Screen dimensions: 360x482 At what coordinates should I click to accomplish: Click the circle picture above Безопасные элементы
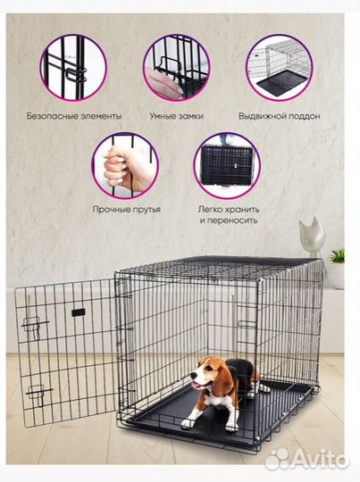tap(74, 68)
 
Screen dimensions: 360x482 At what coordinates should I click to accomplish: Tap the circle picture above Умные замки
tap(177, 68)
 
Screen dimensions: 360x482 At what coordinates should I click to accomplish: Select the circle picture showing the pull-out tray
tap(280, 68)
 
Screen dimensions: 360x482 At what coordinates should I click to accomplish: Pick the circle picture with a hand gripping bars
tap(125, 166)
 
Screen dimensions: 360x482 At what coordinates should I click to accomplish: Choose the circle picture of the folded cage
tap(228, 166)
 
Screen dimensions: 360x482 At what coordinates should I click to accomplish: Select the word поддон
tap(304, 116)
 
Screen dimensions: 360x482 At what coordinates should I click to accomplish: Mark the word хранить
tap(242, 210)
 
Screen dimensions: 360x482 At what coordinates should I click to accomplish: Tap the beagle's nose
tap(194, 376)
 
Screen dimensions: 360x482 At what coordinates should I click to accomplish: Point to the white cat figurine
tap(312, 237)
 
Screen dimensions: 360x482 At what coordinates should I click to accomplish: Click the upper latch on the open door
tap(34, 327)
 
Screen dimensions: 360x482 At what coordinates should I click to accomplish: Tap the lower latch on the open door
tap(38, 395)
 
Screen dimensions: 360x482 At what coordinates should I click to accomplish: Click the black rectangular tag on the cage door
tap(79, 312)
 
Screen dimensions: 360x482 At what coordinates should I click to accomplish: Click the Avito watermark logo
tap(307, 460)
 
